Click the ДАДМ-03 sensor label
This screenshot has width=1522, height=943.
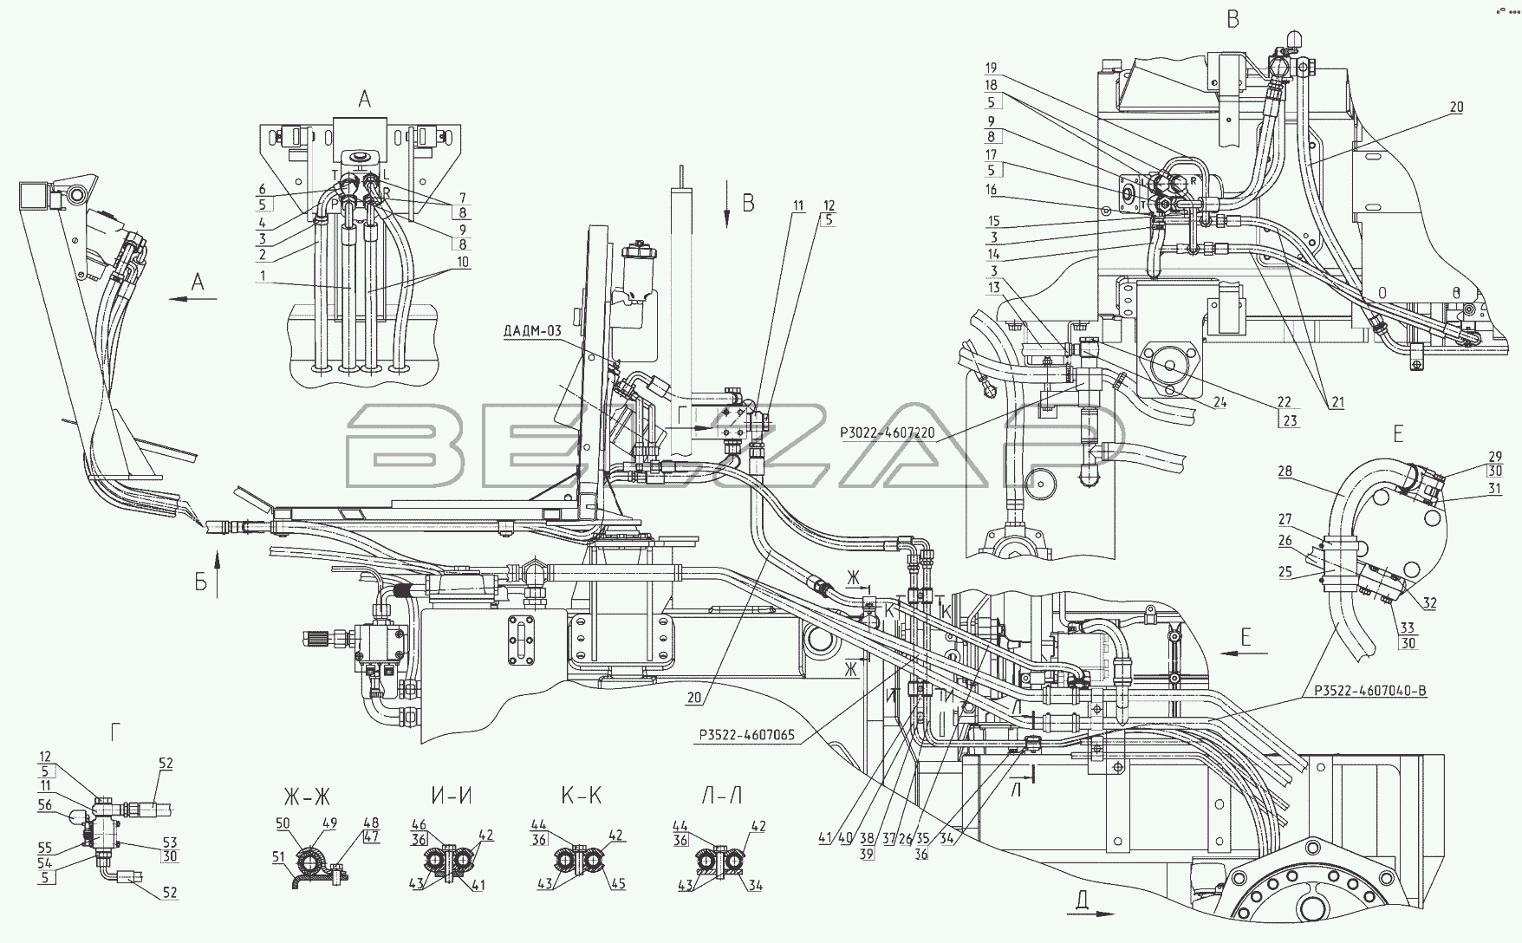point(532,332)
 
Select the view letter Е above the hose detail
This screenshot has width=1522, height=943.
point(1398,433)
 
